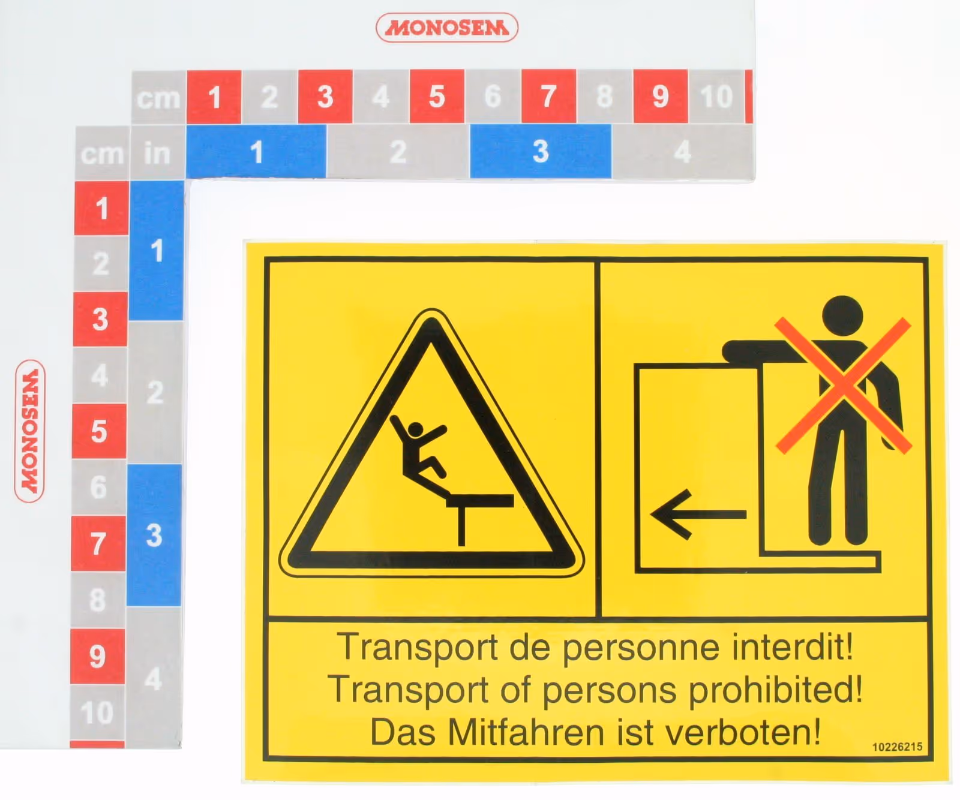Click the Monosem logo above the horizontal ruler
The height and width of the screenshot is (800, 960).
click(446, 28)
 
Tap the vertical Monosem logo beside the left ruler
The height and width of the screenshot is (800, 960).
click(29, 431)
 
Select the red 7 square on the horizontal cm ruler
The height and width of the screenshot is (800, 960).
click(548, 96)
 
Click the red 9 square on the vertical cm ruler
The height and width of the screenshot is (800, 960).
click(97, 656)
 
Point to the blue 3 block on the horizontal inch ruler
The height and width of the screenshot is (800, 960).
click(541, 151)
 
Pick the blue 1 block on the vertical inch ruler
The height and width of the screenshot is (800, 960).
click(157, 250)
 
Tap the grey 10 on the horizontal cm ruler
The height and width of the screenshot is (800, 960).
click(716, 96)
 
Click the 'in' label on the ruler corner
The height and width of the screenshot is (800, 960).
click(157, 154)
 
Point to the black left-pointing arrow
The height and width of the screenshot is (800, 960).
click(698, 514)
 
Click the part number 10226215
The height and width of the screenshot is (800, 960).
click(897, 747)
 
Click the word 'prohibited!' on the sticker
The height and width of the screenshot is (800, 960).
click(775, 690)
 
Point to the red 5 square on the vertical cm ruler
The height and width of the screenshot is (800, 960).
click(99, 431)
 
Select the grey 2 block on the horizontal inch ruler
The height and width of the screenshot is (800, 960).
click(398, 151)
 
